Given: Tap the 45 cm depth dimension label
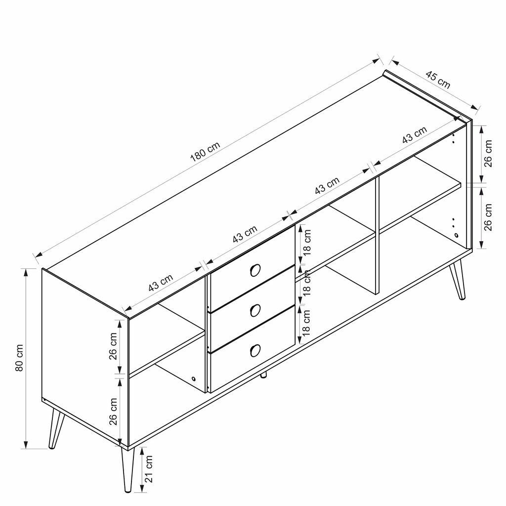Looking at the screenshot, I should pyautogui.click(x=438, y=80).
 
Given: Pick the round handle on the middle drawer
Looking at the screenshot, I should pyautogui.click(x=255, y=310).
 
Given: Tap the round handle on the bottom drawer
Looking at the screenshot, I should pyautogui.click(x=255, y=350).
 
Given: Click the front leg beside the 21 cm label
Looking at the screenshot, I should pyautogui.click(x=126, y=469).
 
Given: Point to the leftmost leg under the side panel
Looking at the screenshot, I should pyautogui.click(x=55, y=429).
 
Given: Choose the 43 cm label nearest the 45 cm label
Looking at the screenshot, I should pyautogui.click(x=414, y=136).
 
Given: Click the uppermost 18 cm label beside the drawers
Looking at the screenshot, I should pyautogui.click(x=306, y=244).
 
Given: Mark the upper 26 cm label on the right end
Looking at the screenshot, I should pyautogui.click(x=488, y=154).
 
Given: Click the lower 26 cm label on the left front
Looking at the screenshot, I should pyautogui.click(x=114, y=412).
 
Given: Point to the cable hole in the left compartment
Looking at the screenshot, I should pyautogui.click(x=193, y=379).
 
